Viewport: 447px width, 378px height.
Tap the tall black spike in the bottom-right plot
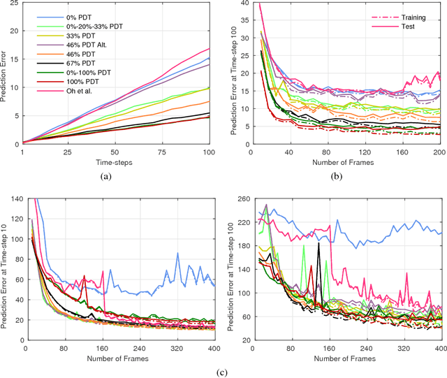click(318, 245)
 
